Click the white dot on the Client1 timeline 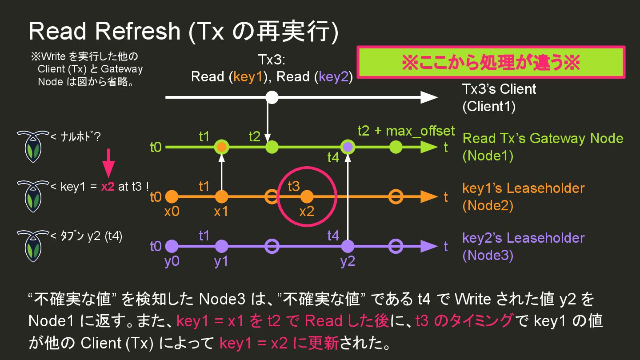pyautogui.click(x=272, y=97)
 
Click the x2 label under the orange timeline pyautogui.click(x=306, y=211)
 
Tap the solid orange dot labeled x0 pyautogui.click(x=172, y=196)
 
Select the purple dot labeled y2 pyautogui.click(x=348, y=246)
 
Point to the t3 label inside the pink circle pyautogui.click(x=294, y=186)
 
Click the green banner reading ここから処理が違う pyautogui.click(x=491, y=63)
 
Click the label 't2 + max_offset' pyautogui.click(x=406, y=131)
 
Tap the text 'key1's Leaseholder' pyautogui.click(x=523, y=188)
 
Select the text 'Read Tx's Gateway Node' pyautogui.click(x=543, y=138)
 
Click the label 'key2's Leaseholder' pyautogui.click(x=523, y=238)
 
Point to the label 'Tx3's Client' pyautogui.click(x=499, y=89)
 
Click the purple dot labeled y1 pyautogui.click(x=221, y=246)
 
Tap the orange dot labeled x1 pyautogui.click(x=221, y=196)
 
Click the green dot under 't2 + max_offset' pyautogui.click(x=396, y=147)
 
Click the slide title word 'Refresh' pyautogui.click(x=137, y=31)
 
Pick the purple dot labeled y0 pyautogui.click(x=172, y=246)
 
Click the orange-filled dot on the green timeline pyautogui.click(x=221, y=147)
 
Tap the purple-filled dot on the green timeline pyautogui.click(x=348, y=147)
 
